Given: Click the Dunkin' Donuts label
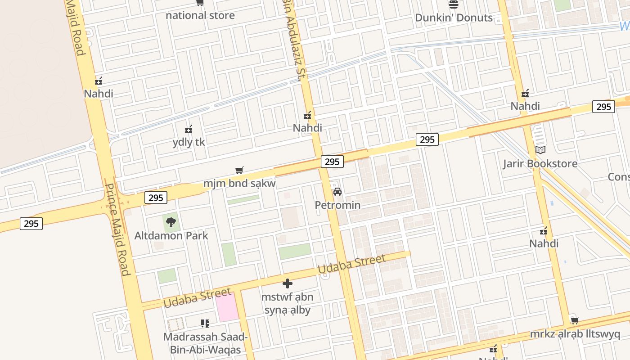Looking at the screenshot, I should [454, 18].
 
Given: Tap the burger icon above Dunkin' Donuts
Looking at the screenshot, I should [454, 4].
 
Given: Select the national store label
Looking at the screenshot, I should [200, 15].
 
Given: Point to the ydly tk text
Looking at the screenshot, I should [189, 142].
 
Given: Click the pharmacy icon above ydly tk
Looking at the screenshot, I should [189, 130].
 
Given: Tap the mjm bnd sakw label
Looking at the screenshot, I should [239, 183].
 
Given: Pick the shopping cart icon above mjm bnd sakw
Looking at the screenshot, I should [239, 170].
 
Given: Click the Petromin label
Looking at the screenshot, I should [337, 205].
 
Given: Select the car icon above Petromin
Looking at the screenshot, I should [337, 192].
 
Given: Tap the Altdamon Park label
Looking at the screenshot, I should [171, 235].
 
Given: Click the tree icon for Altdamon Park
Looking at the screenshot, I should [171, 222].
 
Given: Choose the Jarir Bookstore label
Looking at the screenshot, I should [540, 163].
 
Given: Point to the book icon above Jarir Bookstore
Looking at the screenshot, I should [540, 150].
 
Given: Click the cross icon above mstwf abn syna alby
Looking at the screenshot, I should [288, 283].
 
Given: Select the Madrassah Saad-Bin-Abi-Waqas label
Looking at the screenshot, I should [205, 343].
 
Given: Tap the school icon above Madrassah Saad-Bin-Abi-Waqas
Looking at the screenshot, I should [205, 323].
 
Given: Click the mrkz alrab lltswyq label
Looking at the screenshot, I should [575, 334].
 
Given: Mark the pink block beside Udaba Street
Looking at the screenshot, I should [227, 307].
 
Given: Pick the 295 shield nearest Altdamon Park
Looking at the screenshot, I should [156, 198].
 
